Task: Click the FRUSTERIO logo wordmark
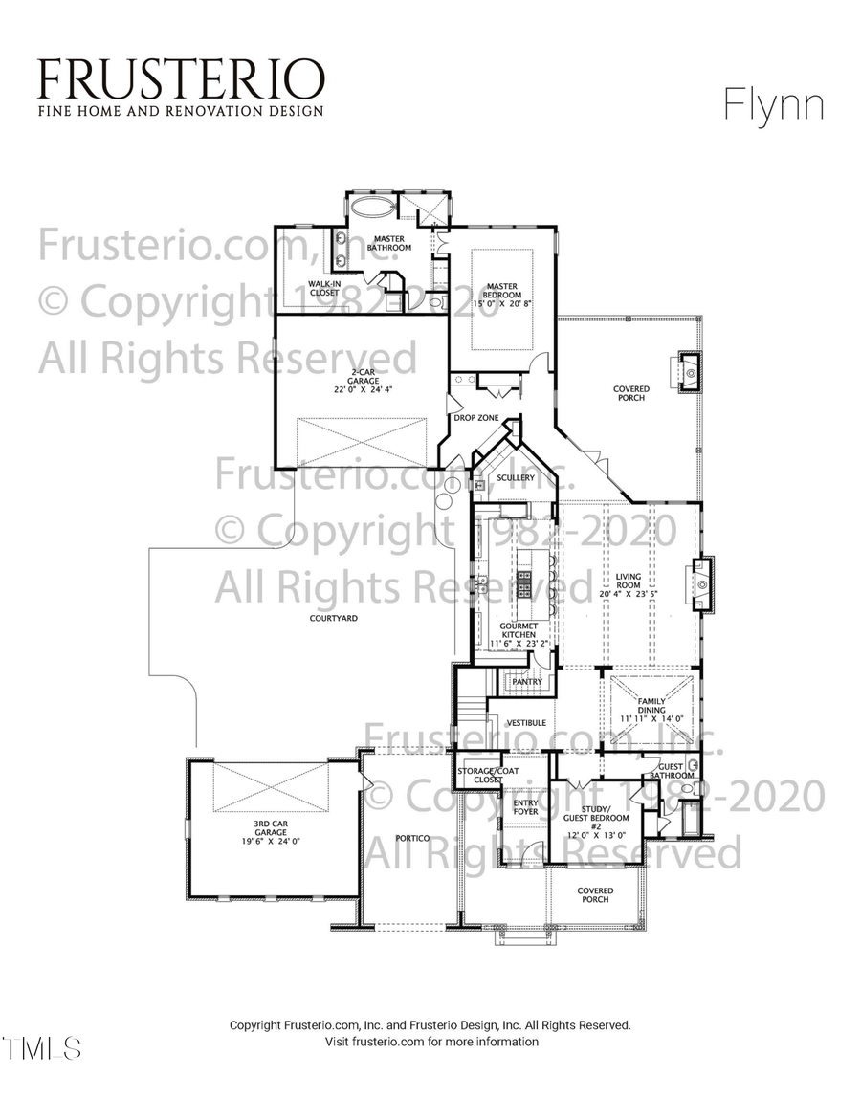point(181,78)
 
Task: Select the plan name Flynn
point(774,104)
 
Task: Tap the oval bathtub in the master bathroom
point(365,207)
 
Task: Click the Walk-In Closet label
point(324,287)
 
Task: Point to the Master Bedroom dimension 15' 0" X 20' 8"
point(502,303)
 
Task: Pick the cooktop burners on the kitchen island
point(524,583)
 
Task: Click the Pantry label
point(527,682)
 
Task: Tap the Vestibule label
point(526,723)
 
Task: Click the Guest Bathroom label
point(672,770)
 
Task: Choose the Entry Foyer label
point(526,807)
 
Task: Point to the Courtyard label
point(334,619)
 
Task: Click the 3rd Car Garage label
point(258,835)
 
